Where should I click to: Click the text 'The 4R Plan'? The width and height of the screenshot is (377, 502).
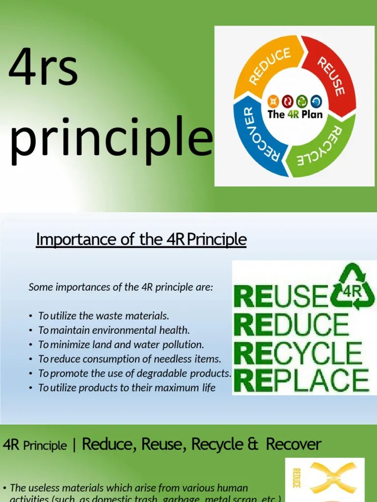pyautogui.click(x=295, y=115)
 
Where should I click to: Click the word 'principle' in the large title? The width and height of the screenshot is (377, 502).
pyautogui.click(x=112, y=141)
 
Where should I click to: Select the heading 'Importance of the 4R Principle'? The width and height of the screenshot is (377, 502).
pyautogui.click(x=141, y=240)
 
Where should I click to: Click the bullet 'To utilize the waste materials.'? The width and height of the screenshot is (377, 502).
pyautogui.click(x=104, y=316)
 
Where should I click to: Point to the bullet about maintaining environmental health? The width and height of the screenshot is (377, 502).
pyautogui.click(x=114, y=330)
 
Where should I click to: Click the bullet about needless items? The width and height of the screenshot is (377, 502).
pyautogui.click(x=130, y=359)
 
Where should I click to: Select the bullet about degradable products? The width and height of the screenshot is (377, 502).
pyautogui.click(x=135, y=373)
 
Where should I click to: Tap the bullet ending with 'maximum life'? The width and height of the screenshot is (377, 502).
pyautogui.click(x=127, y=387)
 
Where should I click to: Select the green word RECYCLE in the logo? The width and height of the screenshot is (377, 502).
pyautogui.click(x=298, y=352)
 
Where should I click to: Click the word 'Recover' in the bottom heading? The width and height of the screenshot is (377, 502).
pyautogui.click(x=294, y=445)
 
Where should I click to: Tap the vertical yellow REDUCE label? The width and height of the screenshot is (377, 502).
pyautogui.click(x=296, y=478)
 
